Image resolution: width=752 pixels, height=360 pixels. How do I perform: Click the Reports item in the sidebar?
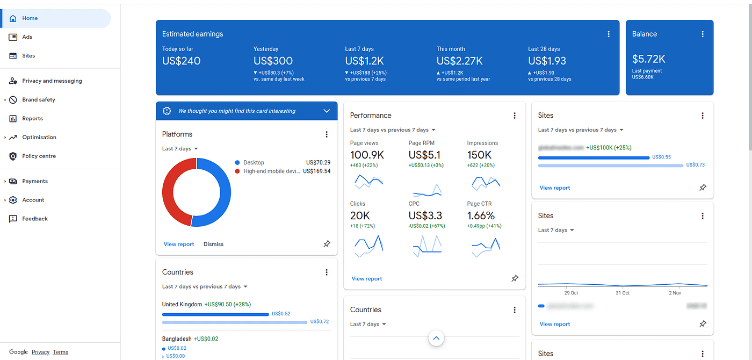point(32,118)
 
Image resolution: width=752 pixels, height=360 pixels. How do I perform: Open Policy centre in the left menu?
point(39,156)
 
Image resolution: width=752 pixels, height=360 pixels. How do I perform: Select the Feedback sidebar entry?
point(35,219)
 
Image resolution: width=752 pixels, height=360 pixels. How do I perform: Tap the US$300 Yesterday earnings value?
point(273,61)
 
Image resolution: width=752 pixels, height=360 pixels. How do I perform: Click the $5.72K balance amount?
point(648,59)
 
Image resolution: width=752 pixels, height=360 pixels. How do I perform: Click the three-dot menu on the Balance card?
point(702,34)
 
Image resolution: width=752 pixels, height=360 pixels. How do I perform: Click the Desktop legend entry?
point(254,162)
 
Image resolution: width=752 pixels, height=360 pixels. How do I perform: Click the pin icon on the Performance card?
point(514,278)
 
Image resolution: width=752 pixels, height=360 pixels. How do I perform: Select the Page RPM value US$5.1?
point(424,155)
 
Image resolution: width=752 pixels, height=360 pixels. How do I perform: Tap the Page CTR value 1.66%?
point(481,215)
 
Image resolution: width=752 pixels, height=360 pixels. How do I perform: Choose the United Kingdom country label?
point(182,304)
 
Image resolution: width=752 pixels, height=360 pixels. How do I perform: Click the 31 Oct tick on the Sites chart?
point(622,293)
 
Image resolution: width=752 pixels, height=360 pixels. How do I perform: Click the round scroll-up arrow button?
point(436,338)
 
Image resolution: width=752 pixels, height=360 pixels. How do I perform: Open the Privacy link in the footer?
point(40,352)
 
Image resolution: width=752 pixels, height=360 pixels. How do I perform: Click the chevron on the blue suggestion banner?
point(327,111)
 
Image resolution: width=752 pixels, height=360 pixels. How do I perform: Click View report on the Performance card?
point(367,278)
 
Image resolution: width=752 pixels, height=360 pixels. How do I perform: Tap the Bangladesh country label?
point(177,339)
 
